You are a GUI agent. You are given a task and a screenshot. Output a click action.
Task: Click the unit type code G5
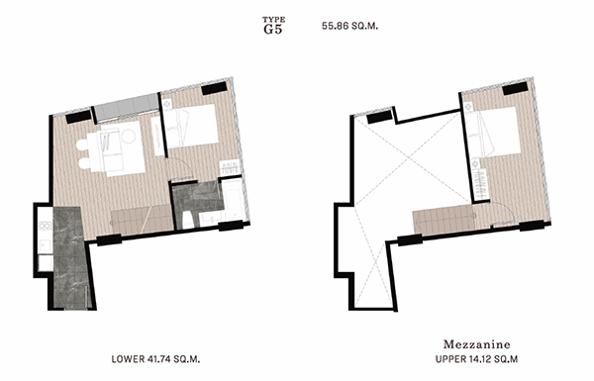273,29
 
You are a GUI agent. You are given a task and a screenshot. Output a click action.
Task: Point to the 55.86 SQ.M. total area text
349,26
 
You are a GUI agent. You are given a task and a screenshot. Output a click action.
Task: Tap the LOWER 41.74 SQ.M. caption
155,359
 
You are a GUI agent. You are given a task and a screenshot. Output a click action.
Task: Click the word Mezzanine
476,344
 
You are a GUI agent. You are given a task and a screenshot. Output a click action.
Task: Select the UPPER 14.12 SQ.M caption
476,359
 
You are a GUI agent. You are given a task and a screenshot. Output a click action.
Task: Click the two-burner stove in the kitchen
46,226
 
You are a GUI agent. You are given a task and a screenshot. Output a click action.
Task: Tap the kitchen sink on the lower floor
46,245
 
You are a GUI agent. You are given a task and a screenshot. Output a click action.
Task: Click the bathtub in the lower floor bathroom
234,200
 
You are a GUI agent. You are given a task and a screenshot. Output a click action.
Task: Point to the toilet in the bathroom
188,220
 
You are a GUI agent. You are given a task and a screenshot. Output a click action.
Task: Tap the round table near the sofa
129,137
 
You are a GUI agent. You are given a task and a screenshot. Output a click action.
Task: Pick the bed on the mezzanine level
493,132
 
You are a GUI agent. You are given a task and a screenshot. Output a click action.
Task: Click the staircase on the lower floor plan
143,219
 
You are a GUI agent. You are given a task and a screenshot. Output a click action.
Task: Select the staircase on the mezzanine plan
444,221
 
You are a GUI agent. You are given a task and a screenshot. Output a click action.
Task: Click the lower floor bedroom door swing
183,168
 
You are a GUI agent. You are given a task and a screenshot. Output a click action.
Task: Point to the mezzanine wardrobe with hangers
479,184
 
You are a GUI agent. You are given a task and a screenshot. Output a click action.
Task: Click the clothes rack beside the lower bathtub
230,168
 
